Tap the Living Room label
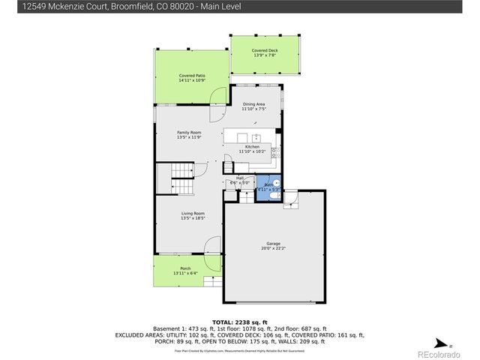coord(192,214)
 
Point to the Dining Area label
coord(253,104)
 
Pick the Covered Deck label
coord(265,51)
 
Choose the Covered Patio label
coord(192,76)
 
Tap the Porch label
coord(185,268)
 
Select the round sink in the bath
coord(275,182)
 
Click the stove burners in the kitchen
coord(275,154)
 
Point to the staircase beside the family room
coord(181,180)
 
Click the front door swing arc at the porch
coord(213,247)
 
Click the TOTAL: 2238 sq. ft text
coord(239,320)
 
